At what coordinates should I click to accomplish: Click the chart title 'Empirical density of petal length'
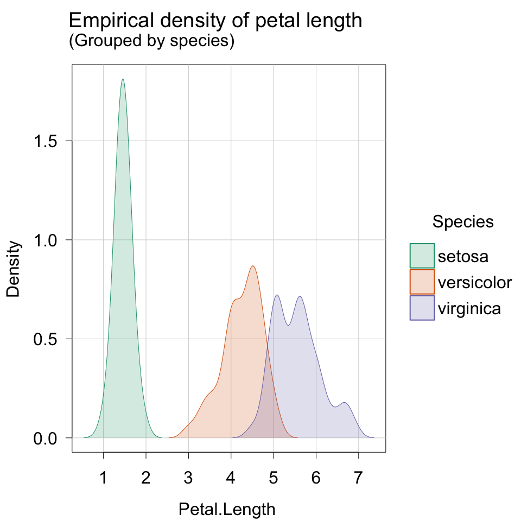click(215, 21)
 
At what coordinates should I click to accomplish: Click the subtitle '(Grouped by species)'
click(151, 42)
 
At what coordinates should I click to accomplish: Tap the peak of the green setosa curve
click(123, 79)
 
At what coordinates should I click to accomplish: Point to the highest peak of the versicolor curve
click(253, 266)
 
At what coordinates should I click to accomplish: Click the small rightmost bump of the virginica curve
click(344, 403)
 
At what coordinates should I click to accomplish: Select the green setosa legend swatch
click(422, 256)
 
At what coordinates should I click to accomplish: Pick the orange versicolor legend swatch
click(422, 282)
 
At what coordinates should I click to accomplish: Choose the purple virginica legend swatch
click(422, 308)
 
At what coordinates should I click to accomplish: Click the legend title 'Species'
click(463, 221)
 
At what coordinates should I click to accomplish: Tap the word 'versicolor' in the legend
click(474, 282)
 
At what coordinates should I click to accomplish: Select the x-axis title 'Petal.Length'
click(227, 510)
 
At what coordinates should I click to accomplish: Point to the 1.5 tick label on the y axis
click(49, 141)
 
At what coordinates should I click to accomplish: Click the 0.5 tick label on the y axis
click(49, 339)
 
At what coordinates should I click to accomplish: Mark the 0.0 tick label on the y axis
click(49, 438)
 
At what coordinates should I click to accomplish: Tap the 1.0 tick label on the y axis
click(49, 240)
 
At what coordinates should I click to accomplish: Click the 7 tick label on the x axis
click(358, 479)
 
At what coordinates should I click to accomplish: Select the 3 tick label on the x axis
click(188, 479)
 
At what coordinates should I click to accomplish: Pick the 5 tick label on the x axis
click(274, 479)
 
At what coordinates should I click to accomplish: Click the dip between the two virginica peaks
click(288, 325)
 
